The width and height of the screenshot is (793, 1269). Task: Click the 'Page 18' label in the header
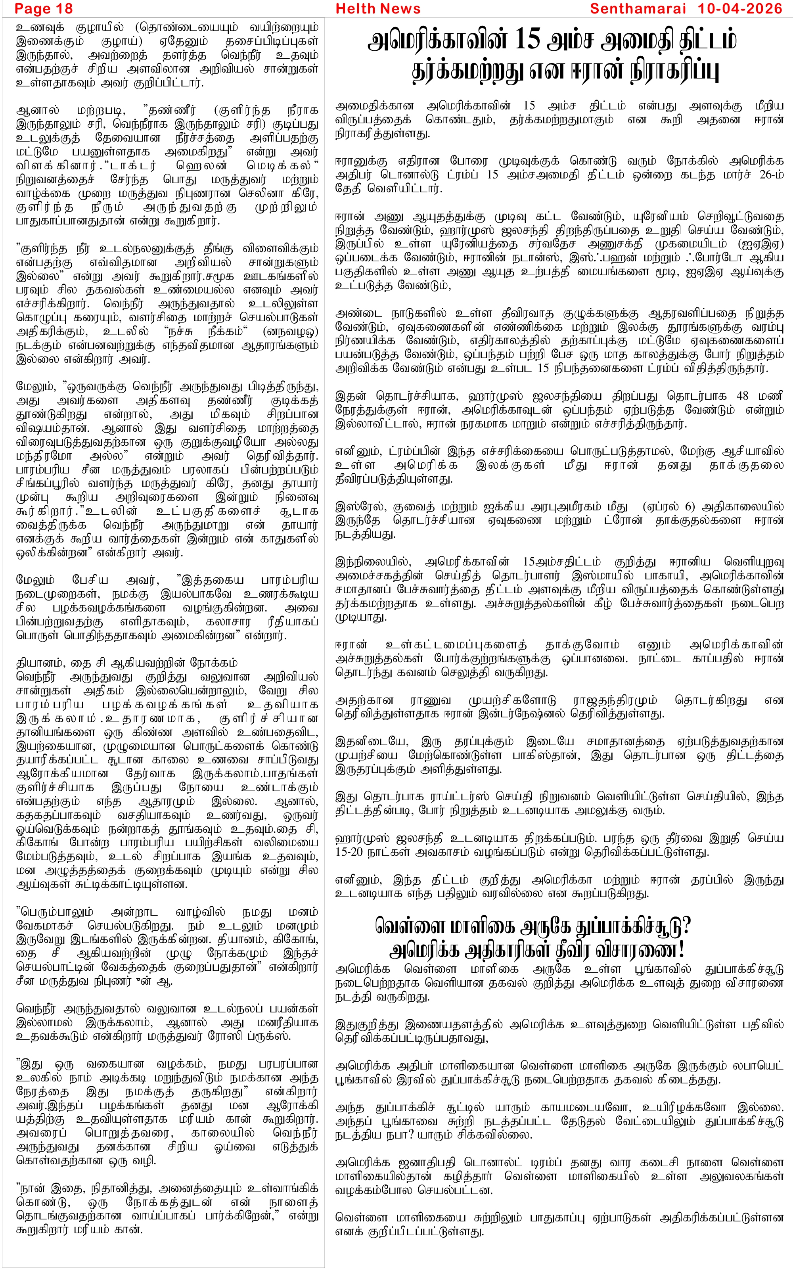tap(44, 9)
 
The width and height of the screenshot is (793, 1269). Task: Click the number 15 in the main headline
tap(527, 41)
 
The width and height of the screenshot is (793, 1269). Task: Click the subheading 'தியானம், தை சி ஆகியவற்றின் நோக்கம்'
tap(127, 663)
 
